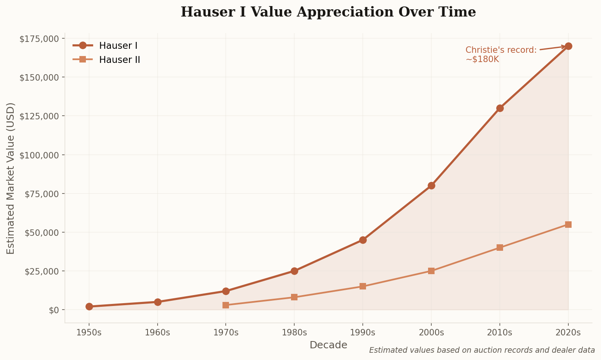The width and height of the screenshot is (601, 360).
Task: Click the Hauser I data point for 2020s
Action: pyautogui.click(x=568, y=46)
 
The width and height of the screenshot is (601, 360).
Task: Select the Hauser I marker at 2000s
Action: pyautogui.click(x=431, y=185)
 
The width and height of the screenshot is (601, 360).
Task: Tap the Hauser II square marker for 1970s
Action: pyautogui.click(x=226, y=305)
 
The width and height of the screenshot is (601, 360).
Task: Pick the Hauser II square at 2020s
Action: pyautogui.click(x=568, y=225)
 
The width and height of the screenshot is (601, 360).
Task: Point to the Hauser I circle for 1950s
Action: pyautogui.click(x=89, y=306)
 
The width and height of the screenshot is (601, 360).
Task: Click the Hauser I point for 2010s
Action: pyautogui.click(x=500, y=108)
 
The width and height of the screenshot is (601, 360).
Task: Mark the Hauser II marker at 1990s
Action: pyautogui.click(x=363, y=286)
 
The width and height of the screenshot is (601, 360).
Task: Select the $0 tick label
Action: pyautogui.click(x=54, y=310)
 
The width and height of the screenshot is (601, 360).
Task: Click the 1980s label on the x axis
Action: pyautogui.click(x=294, y=333)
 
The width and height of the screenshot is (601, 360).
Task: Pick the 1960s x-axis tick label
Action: pyautogui.click(x=158, y=333)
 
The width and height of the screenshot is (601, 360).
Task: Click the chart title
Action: pyautogui.click(x=328, y=12)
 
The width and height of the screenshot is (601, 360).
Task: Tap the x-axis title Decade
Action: pyautogui.click(x=328, y=345)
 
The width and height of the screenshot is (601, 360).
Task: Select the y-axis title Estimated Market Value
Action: pyautogui.click(x=11, y=178)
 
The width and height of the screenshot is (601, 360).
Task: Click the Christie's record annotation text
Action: pyautogui.click(x=501, y=54)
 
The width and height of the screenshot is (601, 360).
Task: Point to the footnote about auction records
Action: pyautogui.click(x=482, y=350)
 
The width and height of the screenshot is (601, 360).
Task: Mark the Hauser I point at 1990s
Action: pyautogui.click(x=363, y=240)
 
